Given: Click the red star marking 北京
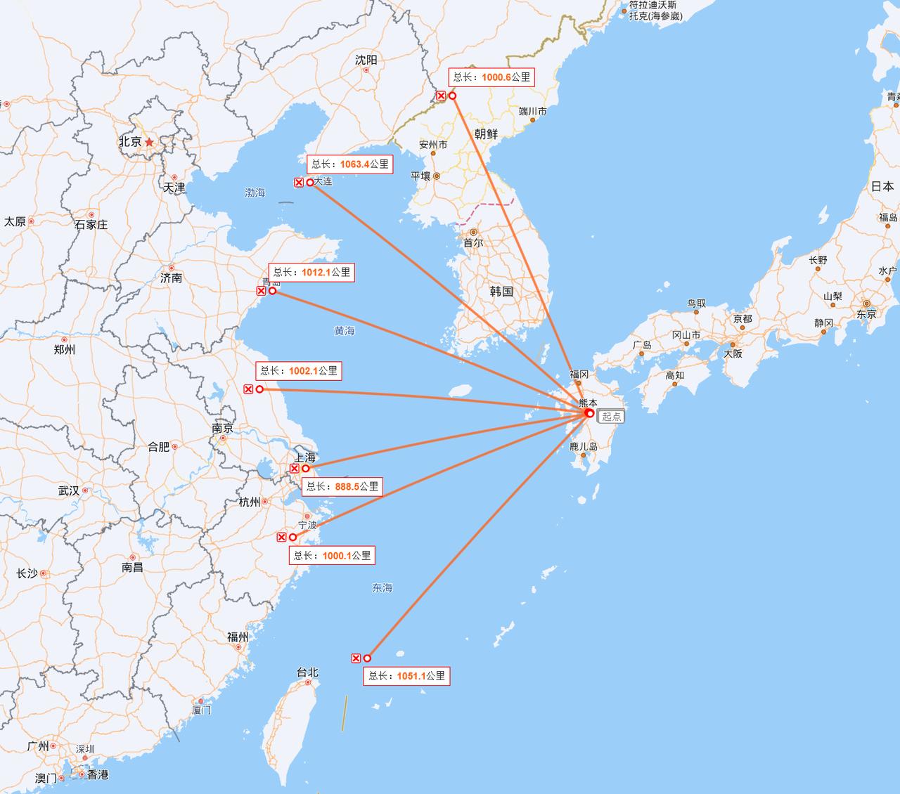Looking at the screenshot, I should coord(149,141).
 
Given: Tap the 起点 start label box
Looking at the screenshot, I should coord(611,416).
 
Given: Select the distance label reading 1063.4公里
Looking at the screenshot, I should coord(349,164).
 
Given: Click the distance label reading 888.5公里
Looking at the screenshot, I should coord(342,486).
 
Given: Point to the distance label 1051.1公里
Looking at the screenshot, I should coord(406,676).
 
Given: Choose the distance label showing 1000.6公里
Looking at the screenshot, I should coord(491,77).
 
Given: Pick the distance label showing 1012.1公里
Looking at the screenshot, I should coord(311,272).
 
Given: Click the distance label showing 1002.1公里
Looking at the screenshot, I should coord(299,371).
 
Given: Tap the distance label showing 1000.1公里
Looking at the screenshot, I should coord(332,555).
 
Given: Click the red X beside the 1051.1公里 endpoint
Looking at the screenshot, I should coord(356,658).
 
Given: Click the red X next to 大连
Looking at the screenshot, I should coord(299,183).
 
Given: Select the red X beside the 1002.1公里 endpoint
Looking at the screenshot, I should coord(248,389).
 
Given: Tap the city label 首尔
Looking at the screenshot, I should coord(472,242).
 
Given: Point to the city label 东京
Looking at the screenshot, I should coord(866,314).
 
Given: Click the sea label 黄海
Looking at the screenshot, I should coord(345,330).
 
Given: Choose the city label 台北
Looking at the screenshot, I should coord(307,672).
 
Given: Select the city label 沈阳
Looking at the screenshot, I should coord(366,60).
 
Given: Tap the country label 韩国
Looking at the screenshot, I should coord(501,291).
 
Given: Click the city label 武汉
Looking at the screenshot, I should coord(69,490).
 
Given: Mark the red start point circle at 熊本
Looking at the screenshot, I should coord(590,413).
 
